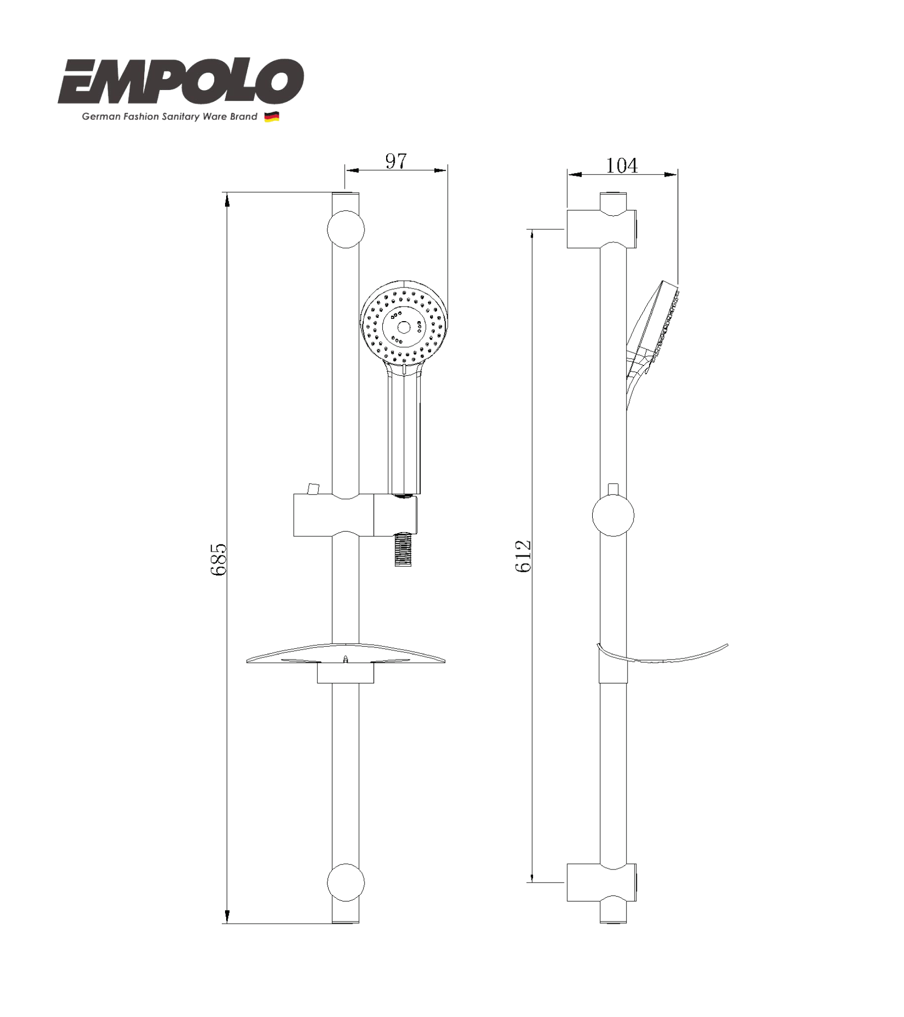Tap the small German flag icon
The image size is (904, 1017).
(272, 117)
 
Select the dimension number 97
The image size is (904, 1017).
(396, 161)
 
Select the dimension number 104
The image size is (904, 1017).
(621, 165)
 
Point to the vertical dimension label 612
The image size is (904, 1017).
(523, 556)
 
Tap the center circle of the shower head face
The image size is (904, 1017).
(404, 327)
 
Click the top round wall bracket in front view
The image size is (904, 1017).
(345, 229)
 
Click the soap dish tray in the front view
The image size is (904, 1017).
(345, 655)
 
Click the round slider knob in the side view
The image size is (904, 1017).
(613, 515)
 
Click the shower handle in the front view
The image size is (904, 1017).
(405, 434)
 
